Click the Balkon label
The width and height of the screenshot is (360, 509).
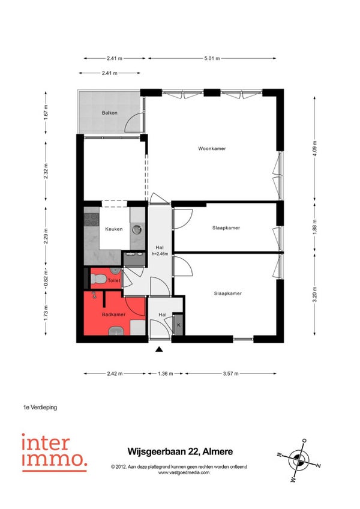tap(109, 113)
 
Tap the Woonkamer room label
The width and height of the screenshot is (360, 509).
tap(212, 149)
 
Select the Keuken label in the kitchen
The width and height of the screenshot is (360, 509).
tap(114, 229)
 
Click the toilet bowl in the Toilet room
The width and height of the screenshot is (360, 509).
tap(98, 279)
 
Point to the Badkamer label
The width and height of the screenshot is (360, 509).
tap(113, 315)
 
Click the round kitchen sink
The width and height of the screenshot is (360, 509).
tap(137, 229)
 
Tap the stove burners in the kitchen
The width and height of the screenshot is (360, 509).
tap(91, 220)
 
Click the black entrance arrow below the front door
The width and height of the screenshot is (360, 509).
tap(159, 349)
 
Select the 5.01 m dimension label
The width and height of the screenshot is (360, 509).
tap(212, 58)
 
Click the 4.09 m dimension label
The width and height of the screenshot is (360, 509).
tap(314, 148)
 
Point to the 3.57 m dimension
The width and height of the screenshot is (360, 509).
tap(231, 373)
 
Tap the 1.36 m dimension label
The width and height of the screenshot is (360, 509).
tap(166, 373)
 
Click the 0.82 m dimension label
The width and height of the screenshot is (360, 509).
tap(46, 279)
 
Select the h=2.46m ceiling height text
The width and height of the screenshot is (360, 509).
tap(160, 254)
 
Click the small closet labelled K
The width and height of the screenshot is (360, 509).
tap(179, 324)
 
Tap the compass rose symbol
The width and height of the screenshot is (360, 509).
tap(299, 460)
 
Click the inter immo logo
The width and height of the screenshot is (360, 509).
tap(55, 452)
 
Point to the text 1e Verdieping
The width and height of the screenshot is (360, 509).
tap(40, 407)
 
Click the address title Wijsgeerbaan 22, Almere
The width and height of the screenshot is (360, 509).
tap(180, 451)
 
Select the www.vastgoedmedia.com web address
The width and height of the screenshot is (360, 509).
tap(184, 472)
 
